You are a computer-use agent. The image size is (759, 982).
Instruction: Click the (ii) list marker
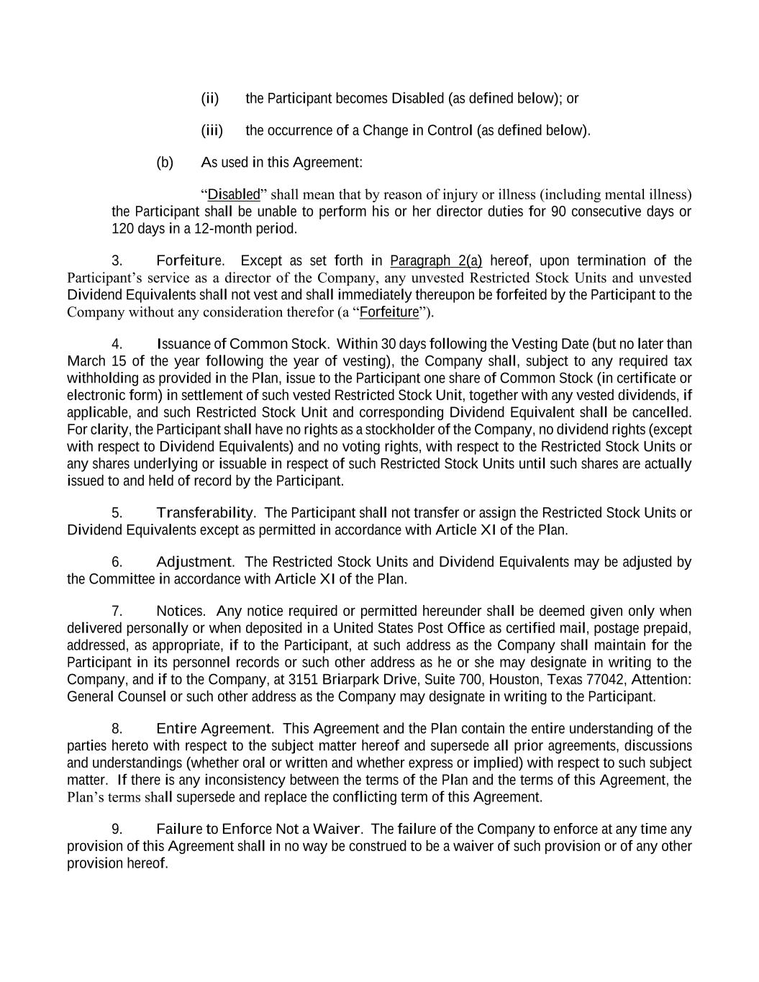[209, 99]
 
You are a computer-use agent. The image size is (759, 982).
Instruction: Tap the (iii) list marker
[212, 130]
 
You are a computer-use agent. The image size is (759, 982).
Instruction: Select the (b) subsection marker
[165, 163]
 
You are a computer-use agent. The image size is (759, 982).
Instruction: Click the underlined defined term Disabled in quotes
[234, 194]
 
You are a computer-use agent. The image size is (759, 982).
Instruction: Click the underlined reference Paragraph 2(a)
[436, 260]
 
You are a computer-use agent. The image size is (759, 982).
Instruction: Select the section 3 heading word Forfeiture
[189, 260]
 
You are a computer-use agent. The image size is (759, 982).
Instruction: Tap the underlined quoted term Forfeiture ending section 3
[389, 312]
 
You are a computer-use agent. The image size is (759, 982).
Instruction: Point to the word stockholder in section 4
[398, 429]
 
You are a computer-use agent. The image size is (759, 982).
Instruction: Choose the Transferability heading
[205, 513]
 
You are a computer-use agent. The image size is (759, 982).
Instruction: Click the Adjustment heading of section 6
[194, 562]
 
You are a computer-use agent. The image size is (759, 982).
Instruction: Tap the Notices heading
[180, 611]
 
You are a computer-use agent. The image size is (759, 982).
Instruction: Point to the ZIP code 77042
[606, 680]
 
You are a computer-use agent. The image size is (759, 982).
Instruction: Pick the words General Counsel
[116, 696]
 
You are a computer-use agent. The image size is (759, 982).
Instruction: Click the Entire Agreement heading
[214, 729]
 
